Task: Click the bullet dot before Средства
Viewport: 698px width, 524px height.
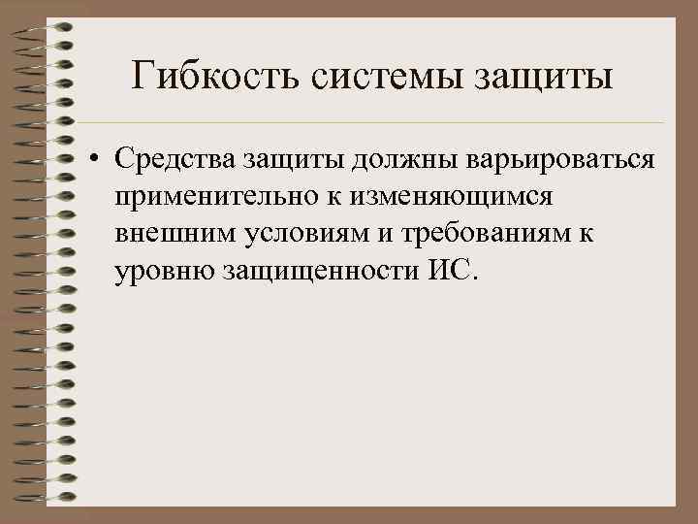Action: pyautogui.click(x=98, y=159)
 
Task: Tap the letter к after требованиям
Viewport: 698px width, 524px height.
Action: pyautogui.click(x=588, y=234)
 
